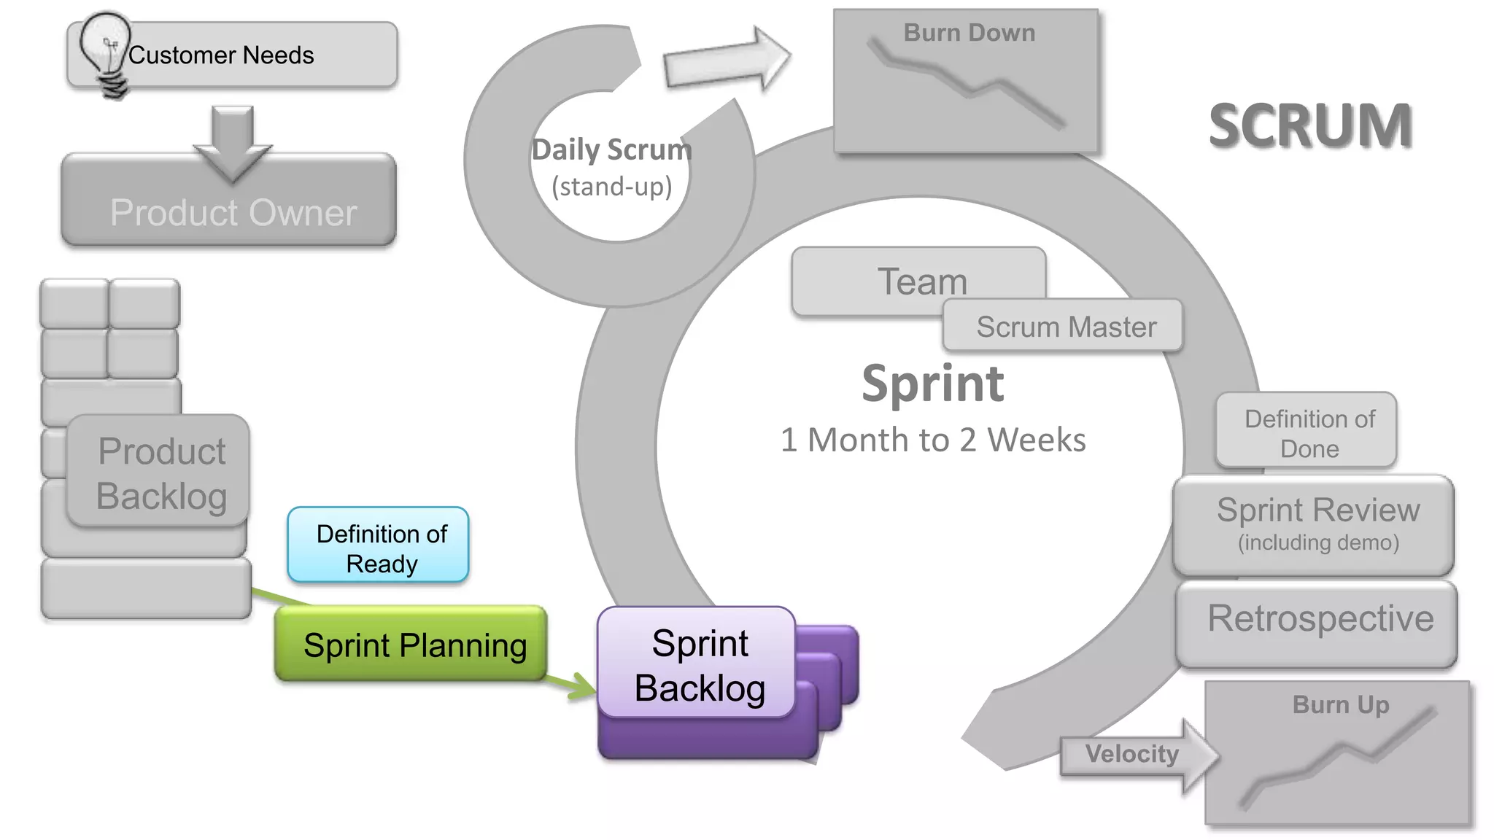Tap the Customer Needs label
[221, 55]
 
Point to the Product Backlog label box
[160, 472]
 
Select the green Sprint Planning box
[412, 645]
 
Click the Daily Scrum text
[611, 150]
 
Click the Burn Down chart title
[969, 33]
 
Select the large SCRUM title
[1310, 125]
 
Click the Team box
[921, 281]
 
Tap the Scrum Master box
[1065, 327]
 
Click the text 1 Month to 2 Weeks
[932, 440]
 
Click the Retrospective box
[1319, 620]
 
